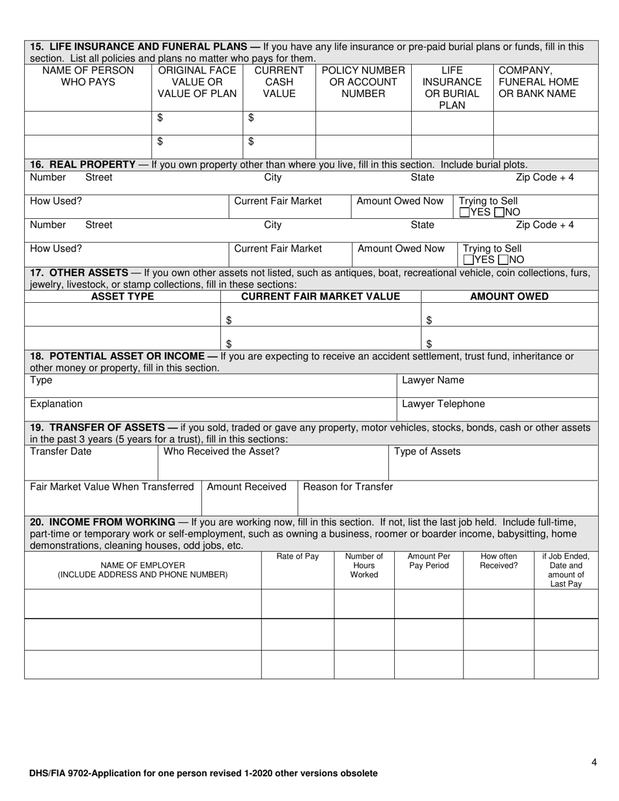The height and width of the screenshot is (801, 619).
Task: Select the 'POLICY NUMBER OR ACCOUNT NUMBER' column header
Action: click(x=364, y=82)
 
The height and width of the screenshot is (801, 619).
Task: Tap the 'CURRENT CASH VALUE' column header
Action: click(x=279, y=82)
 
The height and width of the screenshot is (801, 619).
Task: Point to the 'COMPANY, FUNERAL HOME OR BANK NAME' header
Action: click(x=538, y=82)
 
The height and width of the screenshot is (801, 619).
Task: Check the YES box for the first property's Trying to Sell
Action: click(x=464, y=212)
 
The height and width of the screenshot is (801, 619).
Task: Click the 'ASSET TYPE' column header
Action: click(x=122, y=297)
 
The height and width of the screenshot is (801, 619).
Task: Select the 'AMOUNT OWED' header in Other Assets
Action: click(x=509, y=297)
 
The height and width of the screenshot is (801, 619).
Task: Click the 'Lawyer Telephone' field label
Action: click(x=443, y=404)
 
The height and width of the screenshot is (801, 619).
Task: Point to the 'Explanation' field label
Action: click(x=57, y=404)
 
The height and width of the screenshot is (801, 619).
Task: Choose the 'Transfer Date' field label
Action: click(x=61, y=451)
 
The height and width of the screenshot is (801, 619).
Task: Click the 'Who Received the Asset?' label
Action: click(x=222, y=451)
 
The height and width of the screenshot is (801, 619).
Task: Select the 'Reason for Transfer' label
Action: click(x=348, y=486)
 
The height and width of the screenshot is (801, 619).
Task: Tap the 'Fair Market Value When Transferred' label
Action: click(x=112, y=486)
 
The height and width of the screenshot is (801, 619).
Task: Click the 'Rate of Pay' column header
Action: click(x=297, y=556)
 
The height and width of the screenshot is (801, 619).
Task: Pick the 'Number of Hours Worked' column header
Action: click(x=364, y=566)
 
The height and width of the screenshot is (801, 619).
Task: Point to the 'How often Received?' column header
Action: click(x=498, y=561)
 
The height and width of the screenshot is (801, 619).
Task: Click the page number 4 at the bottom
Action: click(x=594, y=763)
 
